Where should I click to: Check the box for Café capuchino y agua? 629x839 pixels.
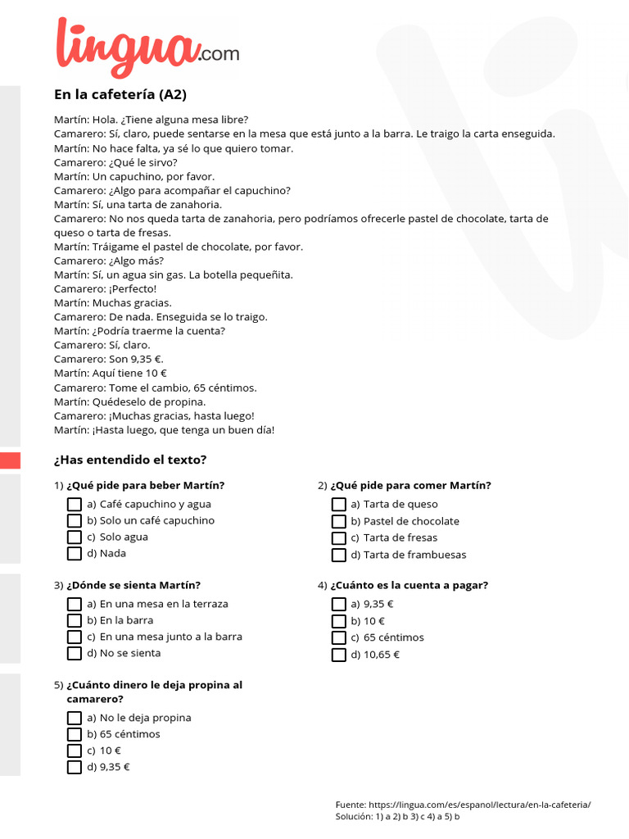pyautogui.click(x=75, y=505)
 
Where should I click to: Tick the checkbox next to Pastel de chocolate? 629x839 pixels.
pyautogui.click(x=338, y=522)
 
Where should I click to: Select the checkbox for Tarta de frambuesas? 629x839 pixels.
pyautogui.click(x=338, y=556)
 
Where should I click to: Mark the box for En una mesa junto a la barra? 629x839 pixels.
pyautogui.click(x=75, y=637)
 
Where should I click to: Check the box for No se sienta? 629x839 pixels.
pyautogui.click(x=75, y=654)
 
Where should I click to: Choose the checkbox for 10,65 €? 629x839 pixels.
pyautogui.click(x=338, y=655)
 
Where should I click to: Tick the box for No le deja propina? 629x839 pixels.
pyautogui.click(x=75, y=719)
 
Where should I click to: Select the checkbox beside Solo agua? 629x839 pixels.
pyautogui.click(x=75, y=537)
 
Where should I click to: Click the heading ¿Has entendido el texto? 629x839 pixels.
pyautogui.click(x=130, y=460)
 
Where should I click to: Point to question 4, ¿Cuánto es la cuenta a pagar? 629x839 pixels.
pyautogui.click(x=409, y=585)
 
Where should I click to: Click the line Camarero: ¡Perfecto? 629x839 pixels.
pyautogui.click(x=105, y=288)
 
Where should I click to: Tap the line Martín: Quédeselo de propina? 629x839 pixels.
pyautogui.click(x=129, y=401)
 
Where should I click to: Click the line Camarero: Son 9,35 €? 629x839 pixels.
pyautogui.click(x=109, y=359)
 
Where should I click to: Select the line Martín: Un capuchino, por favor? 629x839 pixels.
pyautogui.click(x=134, y=176)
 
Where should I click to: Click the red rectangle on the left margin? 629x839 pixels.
pyautogui.click(x=10, y=460)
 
